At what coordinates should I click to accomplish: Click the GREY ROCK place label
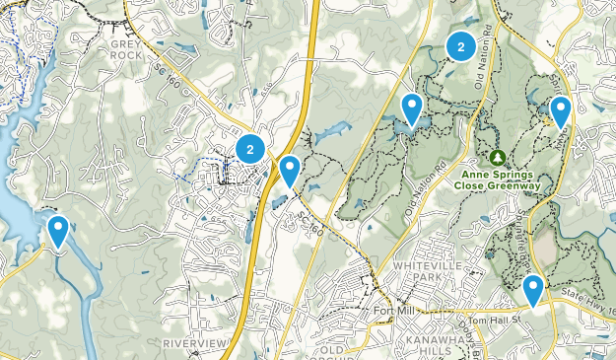click(x=127, y=49)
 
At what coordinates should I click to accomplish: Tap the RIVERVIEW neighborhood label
click(x=193, y=342)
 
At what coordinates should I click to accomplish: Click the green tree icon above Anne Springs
click(x=498, y=158)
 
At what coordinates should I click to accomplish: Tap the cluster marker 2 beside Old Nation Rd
click(x=460, y=45)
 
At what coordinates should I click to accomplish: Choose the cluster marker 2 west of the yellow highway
click(x=250, y=149)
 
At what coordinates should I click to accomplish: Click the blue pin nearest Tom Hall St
click(x=533, y=290)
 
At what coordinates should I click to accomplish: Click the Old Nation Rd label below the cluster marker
click(x=482, y=75)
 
